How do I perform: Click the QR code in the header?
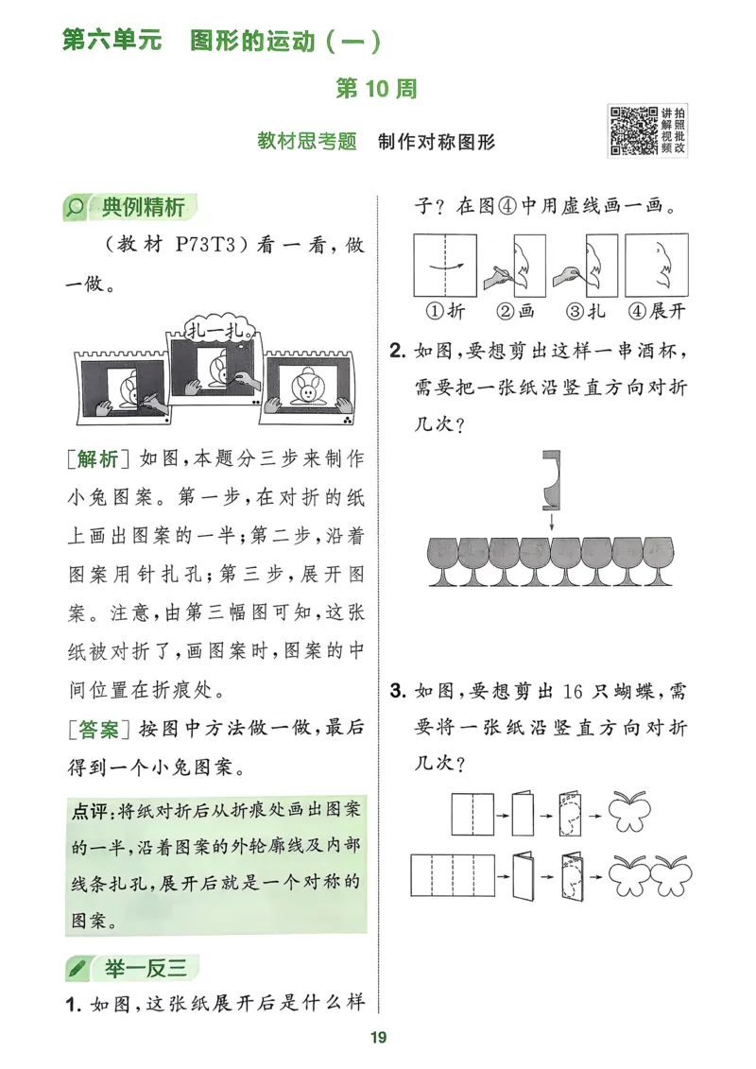(x=632, y=130)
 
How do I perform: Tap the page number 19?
(x=378, y=1038)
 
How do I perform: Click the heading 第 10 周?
(x=377, y=90)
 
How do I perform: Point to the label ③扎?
(x=584, y=311)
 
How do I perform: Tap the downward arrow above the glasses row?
(x=551, y=520)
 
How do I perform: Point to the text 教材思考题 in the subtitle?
(x=307, y=142)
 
